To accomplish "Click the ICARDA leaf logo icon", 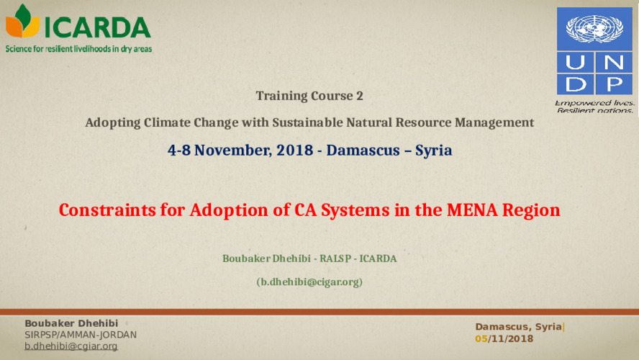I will [x=23, y=22].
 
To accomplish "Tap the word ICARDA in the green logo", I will [x=98, y=27].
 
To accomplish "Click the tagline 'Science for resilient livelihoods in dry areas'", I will [x=79, y=49].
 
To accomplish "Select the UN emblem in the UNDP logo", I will [x=594, y=30].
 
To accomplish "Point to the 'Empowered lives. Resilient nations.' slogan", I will [x=594, y=108].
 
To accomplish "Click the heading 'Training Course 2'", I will [x=309, y=96].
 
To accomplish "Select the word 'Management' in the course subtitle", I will [x=494, y=122].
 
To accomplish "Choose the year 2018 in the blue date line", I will [x=296, y=150].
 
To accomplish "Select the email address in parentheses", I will [x=309, y=282].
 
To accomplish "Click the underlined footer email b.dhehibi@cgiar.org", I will [x=71, y=346].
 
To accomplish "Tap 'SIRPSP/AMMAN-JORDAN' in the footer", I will [x=81, y=335].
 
